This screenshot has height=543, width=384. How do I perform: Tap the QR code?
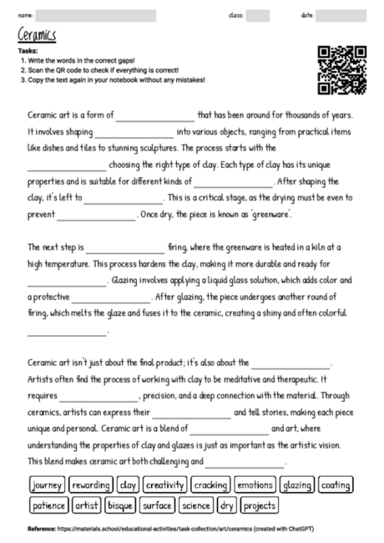[x=342, y=69]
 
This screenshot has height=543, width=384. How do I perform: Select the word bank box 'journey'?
[x=47, y=485]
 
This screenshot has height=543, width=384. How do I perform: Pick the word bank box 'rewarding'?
[x=91, y=485]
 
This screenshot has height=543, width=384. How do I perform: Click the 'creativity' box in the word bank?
[x=164, y=485]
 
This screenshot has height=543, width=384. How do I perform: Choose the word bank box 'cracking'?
[x=210, y=485]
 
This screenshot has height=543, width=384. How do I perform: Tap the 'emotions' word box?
[x=255, y=485]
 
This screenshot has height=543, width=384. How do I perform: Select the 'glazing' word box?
[x=296, y=485]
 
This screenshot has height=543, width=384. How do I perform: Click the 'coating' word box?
[x=336, y=485]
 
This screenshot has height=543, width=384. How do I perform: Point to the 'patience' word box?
[x=49, y=505]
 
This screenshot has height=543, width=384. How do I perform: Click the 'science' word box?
[x=195, y=505]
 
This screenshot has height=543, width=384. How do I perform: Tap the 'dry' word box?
[x=227, y=505]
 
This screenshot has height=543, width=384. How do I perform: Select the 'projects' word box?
[x=260, y=505]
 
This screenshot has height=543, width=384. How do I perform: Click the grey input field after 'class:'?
[x=258, y=15]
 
